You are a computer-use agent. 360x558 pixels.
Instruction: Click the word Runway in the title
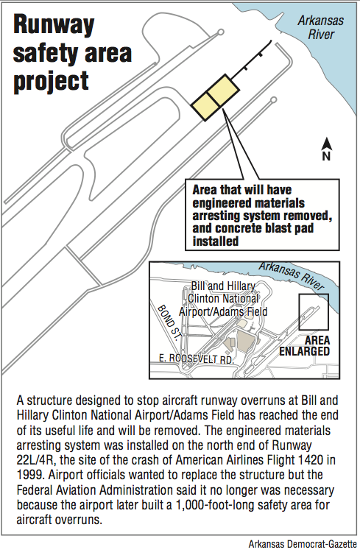pos(54,27)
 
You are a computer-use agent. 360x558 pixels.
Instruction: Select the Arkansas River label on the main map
pos(321,27)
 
